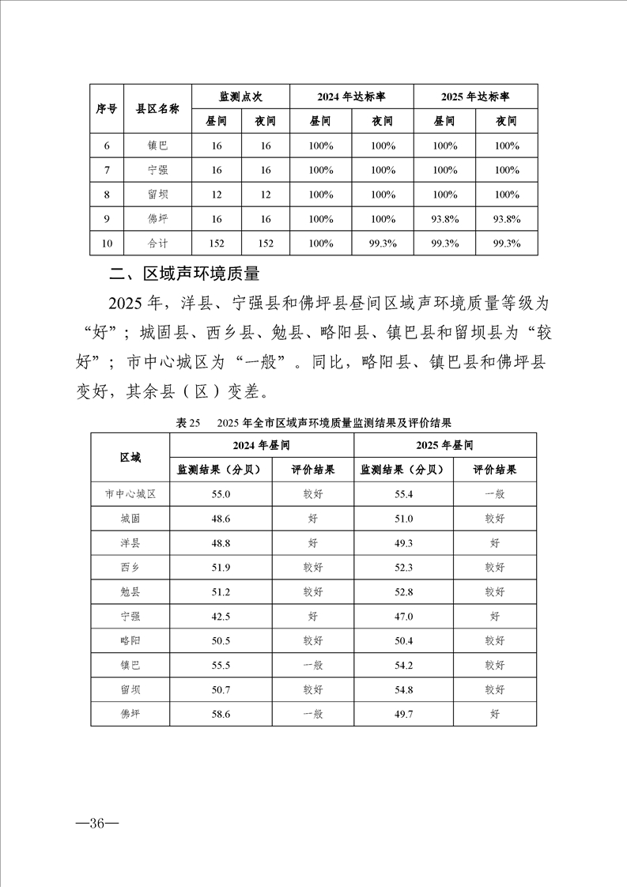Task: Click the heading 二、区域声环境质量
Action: (184, 274)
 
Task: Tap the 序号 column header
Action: (107, 109)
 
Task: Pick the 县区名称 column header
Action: (157, 109)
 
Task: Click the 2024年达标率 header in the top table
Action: (351, 96)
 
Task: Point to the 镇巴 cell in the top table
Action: (157, 145)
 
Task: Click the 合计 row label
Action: (157, 243)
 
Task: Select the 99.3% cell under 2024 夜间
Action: (383, 243)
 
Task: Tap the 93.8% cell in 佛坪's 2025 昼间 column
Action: (445, 219)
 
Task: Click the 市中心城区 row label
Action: (130, 494)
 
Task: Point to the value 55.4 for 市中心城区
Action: (403, 494)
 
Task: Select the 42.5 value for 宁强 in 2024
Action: (221, 617)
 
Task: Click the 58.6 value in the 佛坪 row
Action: (221, 715)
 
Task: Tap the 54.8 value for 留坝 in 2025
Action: (403, 690)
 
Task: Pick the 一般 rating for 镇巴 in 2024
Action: (312, 666)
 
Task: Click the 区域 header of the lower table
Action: (130, 458)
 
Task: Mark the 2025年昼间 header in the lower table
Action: (445, 445)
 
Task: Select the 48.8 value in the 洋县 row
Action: (221, 543)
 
